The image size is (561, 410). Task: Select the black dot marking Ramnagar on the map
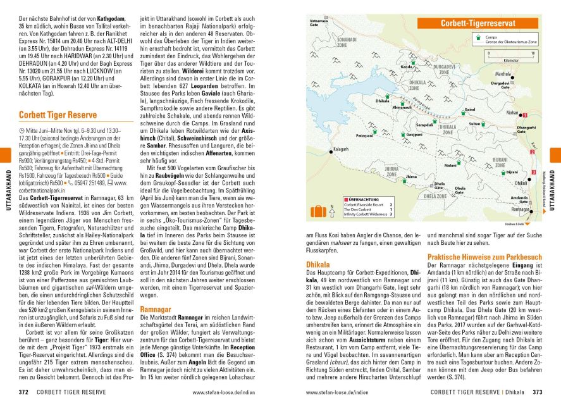[532, 209]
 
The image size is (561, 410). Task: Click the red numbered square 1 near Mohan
[524, 115]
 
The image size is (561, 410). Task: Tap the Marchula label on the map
[503, 74]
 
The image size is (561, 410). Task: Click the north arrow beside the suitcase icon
[332, 209]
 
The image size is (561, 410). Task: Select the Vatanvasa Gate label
[318, 23]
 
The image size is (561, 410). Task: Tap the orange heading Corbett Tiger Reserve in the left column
[58, 115]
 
